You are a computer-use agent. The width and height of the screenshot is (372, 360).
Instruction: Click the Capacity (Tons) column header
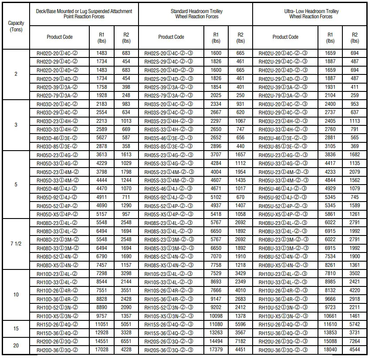pos(16,27)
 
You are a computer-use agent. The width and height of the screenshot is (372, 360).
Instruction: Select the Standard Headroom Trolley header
pos(196,13)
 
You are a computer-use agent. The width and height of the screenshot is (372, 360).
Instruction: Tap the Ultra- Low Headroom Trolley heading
pos(311,13)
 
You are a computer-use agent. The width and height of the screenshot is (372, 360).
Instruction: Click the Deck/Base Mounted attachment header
pos(85,13)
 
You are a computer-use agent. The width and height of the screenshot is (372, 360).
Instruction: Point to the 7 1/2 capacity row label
pos(16,243)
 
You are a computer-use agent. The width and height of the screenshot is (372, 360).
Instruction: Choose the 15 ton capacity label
pos(16,328)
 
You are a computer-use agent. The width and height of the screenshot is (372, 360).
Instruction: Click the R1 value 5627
pos(101,138)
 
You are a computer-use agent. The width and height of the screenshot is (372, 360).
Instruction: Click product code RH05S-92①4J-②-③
pos(171,197)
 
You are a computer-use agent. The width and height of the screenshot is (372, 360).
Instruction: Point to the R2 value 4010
pos(240,290)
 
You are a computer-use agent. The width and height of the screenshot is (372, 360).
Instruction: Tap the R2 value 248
pos(126,95)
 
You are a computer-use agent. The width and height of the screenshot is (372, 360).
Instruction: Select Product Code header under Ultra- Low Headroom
pos(285,37)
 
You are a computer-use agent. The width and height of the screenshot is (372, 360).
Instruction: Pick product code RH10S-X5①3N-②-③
pos(171,316)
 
